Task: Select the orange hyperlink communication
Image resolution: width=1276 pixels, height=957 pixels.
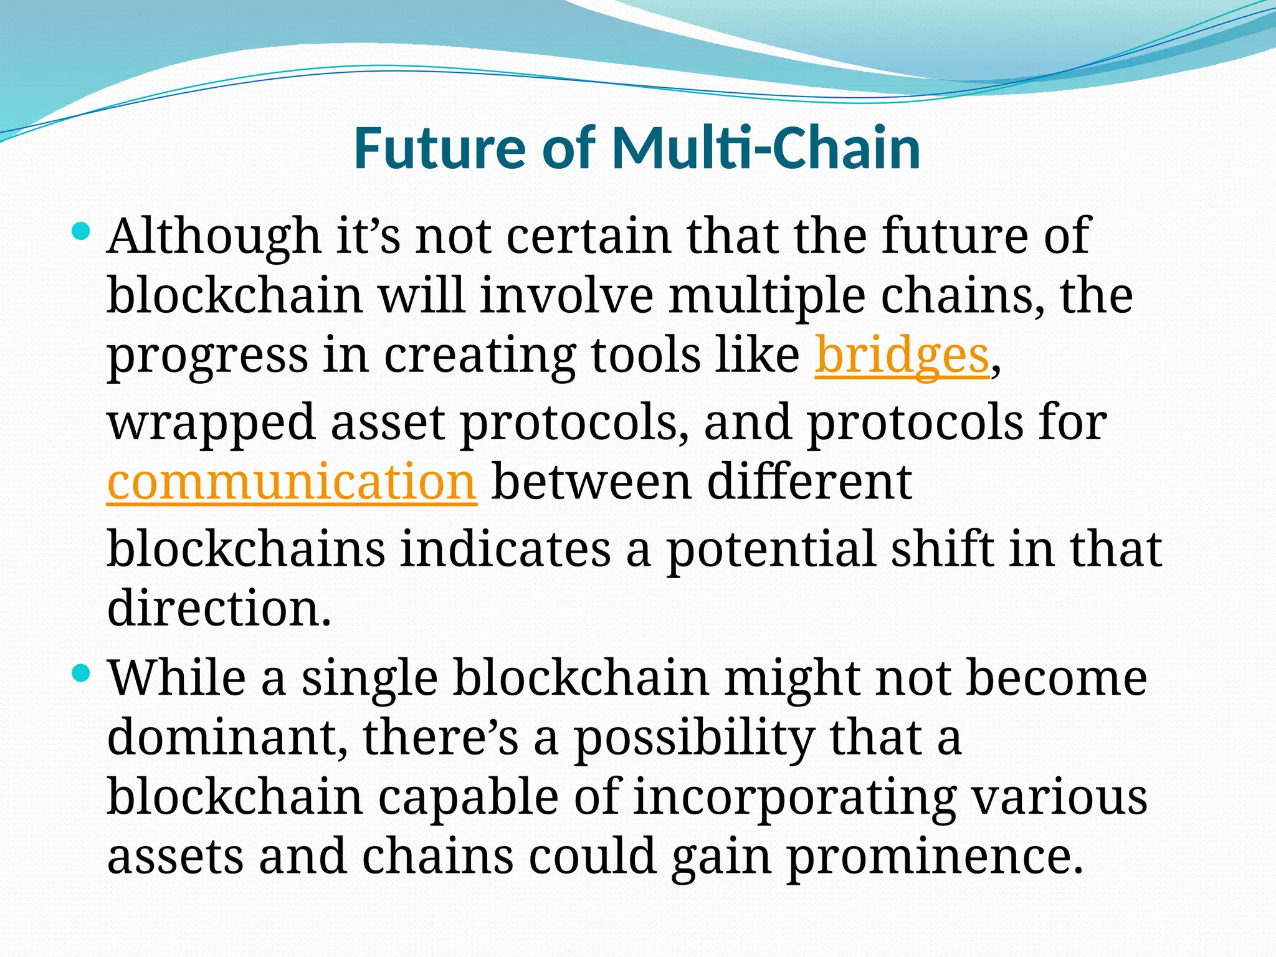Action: click(292, 482)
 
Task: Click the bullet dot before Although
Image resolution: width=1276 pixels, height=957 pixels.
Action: click(81, 233)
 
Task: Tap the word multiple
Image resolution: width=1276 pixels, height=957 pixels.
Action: click(766, 296)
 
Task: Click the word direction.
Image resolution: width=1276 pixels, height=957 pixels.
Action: click(218, 607)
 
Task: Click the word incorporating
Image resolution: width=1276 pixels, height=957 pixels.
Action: click(794, 798)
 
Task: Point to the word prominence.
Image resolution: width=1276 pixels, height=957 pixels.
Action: click(935, 857)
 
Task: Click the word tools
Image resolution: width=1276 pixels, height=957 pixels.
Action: click(645, 355)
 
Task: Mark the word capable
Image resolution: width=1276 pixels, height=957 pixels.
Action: click(468, 798)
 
